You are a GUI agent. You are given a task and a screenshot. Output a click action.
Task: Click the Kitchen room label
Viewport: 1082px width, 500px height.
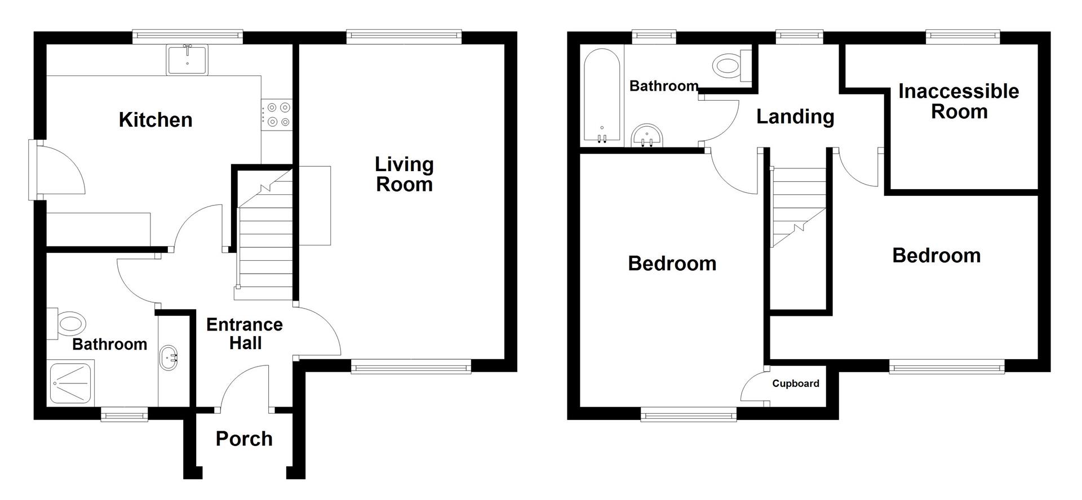(156, 120)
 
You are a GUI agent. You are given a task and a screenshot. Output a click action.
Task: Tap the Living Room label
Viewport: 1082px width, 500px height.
(404, 175)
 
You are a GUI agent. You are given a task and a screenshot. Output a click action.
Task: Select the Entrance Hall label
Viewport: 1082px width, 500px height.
(245, 333)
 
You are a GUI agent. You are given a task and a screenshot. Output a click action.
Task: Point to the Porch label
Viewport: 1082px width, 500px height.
(244, 439)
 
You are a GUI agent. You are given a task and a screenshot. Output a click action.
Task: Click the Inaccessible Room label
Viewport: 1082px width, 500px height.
(959, 101)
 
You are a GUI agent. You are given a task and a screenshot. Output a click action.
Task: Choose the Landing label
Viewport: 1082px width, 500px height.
(795, 117)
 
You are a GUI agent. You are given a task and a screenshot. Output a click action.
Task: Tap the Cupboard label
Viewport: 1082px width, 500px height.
(796, 383)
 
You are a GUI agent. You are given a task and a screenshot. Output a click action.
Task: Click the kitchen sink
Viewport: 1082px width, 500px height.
(188, 60)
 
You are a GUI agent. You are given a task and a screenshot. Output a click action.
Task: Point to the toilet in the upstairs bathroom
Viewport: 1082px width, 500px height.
(731, 65)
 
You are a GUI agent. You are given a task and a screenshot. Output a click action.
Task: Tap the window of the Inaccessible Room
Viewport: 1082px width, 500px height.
(963, 37)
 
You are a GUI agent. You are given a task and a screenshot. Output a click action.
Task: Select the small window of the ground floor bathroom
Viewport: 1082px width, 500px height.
(124, 416)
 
